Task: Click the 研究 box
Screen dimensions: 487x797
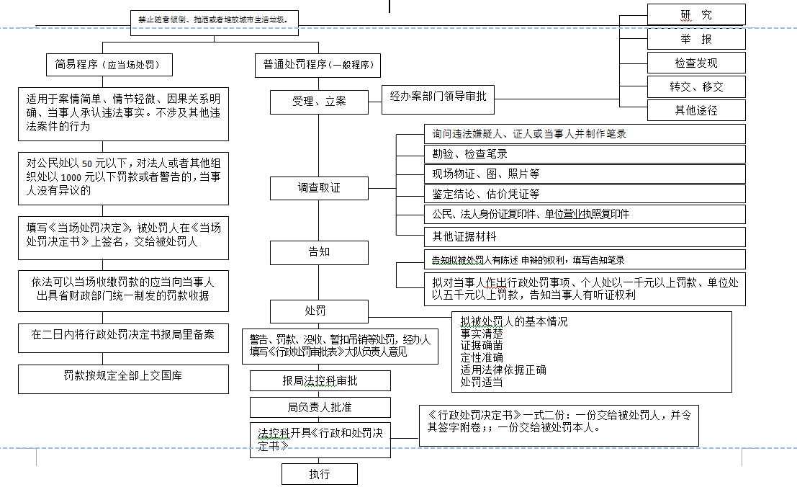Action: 695,14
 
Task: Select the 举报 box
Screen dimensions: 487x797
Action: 695,39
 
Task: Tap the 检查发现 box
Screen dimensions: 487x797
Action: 695,63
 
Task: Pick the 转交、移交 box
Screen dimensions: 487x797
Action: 695,86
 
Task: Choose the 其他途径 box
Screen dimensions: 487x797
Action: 695,110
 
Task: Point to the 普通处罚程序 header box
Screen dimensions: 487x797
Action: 317,65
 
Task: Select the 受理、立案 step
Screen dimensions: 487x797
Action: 319,102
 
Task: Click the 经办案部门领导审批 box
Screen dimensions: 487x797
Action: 438,96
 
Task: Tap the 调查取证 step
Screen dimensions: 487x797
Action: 319,188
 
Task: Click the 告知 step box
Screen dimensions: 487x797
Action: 319,252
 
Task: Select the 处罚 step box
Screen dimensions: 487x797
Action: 319,311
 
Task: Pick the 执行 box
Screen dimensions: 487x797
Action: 319,474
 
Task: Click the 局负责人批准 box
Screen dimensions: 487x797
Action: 320,407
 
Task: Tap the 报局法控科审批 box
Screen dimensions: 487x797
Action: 320,381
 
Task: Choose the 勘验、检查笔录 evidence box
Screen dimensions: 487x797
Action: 585,153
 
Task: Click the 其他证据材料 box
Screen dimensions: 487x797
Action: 585,236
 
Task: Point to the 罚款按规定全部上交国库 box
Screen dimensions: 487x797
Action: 123,375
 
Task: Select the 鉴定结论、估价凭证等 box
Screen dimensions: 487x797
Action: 585,194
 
